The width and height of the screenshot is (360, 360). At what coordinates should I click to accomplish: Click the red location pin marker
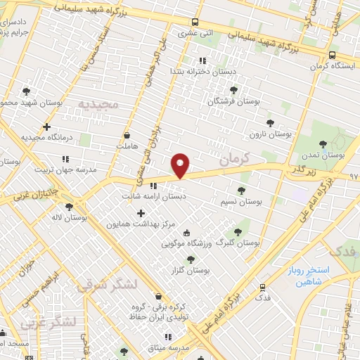pos(181,165)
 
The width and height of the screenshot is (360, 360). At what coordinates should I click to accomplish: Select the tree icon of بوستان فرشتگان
pos(233,90)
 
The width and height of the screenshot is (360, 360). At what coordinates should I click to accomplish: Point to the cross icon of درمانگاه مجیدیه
pos(46,127)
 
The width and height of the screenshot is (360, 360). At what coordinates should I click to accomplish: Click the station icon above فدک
pos(262,287)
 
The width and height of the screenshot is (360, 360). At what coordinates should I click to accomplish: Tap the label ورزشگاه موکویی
pos(186,244)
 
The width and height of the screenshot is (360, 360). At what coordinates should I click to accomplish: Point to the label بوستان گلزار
pos(191,269)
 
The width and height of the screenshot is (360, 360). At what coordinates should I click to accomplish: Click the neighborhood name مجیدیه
pos(98,104)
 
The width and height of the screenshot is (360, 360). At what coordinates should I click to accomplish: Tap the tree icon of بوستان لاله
pos(68,207)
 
